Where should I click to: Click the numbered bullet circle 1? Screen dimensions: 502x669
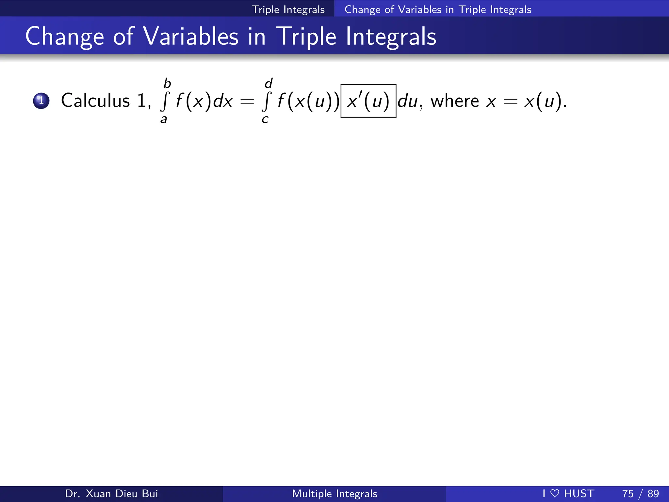[41, 101]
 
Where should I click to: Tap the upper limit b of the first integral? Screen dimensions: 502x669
[167, 84]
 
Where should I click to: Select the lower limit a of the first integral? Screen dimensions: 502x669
[164, 120]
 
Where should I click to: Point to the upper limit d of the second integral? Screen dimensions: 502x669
[269, 84]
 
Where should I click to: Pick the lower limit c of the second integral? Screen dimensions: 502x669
[265, 120]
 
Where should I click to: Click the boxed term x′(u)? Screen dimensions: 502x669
[368, 101]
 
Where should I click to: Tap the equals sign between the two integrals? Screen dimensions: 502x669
[247, 102]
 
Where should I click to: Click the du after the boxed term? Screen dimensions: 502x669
[408, 101]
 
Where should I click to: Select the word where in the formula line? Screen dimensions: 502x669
[455, 101]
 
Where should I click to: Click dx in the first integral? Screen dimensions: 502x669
[223, 101]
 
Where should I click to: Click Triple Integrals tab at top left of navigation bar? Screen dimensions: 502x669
[288, 9]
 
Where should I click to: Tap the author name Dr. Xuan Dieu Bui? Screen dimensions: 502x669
[111, 494]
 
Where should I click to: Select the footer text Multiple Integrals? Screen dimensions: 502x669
[334, 494]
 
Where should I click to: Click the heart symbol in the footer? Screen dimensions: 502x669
[555, 494]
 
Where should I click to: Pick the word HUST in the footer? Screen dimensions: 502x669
[579, 494]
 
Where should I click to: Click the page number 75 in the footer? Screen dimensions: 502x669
[628, 494]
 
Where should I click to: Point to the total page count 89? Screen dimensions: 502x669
[653, 494]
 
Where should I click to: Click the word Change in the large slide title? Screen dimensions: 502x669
[65, 37]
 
